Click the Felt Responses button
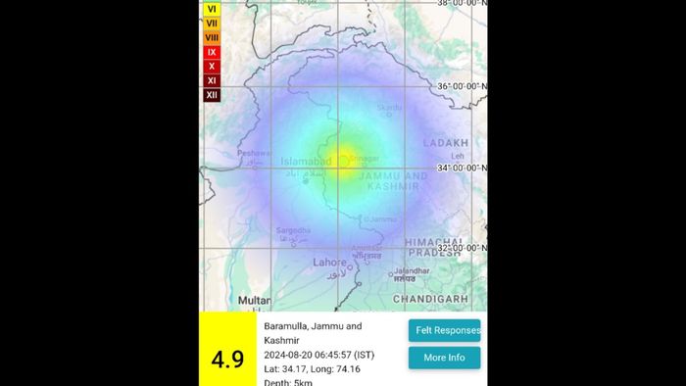tap(444, 330)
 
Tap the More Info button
tap(444, 358)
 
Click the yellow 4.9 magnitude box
tap(227, 352)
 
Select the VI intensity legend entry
tap(212, 8)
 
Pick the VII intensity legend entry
tap(212, 23)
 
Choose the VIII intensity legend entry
tap(212, 37)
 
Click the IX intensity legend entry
tap(212, 52)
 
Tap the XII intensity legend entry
tap(212, 95)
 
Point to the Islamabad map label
tap(305, 161)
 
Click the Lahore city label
tap(329, 262)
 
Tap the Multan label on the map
tap(254, 300)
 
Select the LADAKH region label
tap(447, 143)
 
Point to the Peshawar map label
tap(252, 153)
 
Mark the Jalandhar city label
tap(412, 272)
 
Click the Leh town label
tap(457, 157)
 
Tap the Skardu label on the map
tap(390, 108)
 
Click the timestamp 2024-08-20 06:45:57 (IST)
tap(318, 354)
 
